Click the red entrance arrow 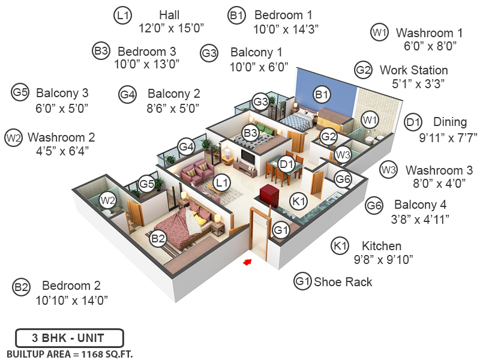point(246,262)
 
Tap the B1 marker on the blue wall point(322,94)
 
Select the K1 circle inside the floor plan point(298,201)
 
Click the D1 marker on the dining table point(286,163)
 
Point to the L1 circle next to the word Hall point(123,16)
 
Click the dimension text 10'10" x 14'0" point(71,299)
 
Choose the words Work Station point(413,70)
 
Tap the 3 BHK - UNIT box point(70,338)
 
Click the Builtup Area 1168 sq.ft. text point(70,353)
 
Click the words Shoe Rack point(343,281)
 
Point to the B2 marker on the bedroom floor point(158,239)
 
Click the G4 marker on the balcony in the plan point(186,146)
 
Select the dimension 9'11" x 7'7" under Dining point(448,137)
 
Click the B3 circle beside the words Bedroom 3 point(101,51)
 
